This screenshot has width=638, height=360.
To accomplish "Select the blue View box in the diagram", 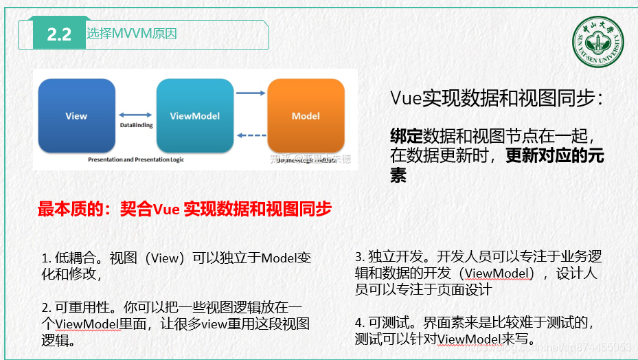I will click(x=76, y=115).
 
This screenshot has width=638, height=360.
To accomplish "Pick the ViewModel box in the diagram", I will click(x=195, y=115).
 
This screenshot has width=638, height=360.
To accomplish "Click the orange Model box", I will click(x=306, y=115).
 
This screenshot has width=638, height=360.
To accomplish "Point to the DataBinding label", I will click(x=135, y=126).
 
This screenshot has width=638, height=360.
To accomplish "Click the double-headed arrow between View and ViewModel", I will click(x=135, y=115).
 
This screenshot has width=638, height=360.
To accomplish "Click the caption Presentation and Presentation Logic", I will click(x=136, y=159).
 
